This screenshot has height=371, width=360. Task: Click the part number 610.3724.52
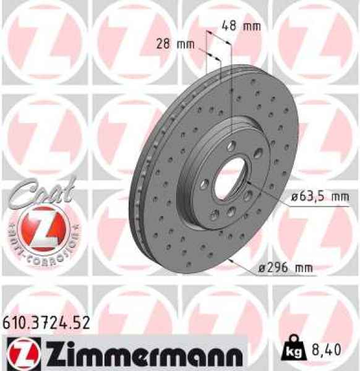coord(47,322)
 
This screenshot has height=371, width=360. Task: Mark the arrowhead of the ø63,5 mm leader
coord(247,184)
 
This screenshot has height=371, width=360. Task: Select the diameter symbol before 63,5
coord(294,197)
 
